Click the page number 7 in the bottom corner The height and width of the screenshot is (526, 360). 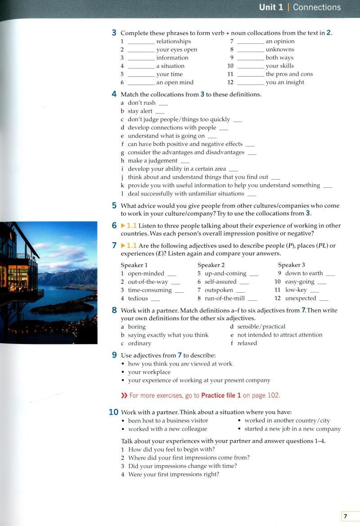[x=345, y=516]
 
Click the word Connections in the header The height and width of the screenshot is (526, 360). [x=317, y=7]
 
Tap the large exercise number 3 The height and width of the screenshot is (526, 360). [x=114, y=33]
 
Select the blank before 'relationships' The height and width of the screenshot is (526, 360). [x=141, y=42]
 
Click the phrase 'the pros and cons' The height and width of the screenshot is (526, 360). [x=289, y=74]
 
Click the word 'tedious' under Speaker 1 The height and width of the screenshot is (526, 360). [x=138, y=298]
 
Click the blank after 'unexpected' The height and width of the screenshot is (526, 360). [x=324, y=299]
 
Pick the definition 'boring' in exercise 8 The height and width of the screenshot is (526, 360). [x=137, y=326]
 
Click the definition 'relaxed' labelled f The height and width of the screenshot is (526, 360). [x=247, y=343]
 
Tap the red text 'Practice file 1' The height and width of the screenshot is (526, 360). [x=221, y=395]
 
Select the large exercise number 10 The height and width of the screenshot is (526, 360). [x=113, y=412]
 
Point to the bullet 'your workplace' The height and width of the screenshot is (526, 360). [x=149, y=372]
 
